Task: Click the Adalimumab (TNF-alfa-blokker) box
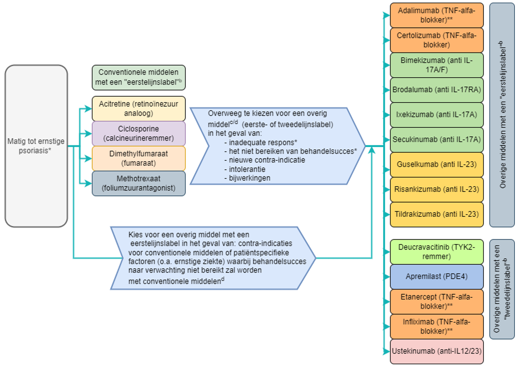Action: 437,15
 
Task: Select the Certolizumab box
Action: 437,40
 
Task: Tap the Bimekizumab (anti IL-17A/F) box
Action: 437,65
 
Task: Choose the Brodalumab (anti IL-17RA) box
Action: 437,90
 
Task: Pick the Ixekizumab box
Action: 437,115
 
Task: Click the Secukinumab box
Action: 437,140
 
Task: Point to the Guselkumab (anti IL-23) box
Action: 437,165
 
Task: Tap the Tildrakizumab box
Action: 437,214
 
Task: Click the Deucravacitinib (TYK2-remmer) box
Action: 437,252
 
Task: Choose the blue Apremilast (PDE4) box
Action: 437,277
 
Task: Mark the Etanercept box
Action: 437,301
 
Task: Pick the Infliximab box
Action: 437,326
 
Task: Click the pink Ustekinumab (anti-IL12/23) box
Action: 437,351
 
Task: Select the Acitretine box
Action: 139,108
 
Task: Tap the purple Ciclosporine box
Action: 139,133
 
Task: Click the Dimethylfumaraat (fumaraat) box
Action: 139,158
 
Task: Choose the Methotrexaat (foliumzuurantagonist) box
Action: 139,183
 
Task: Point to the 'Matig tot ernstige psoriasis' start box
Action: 36,146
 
